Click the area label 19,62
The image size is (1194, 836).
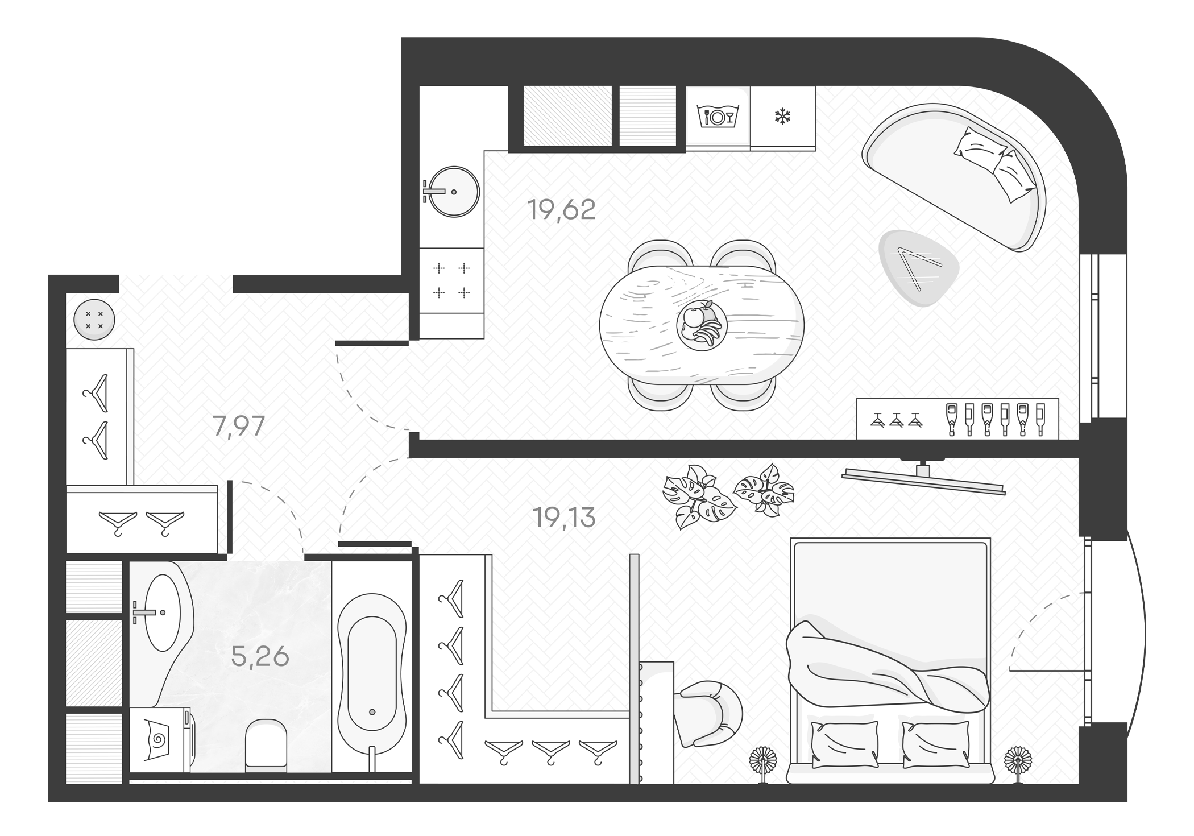561,210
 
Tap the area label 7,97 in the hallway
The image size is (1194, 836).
239,426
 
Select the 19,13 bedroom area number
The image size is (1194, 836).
564,518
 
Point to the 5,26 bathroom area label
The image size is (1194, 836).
260,657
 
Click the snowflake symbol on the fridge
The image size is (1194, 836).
783,117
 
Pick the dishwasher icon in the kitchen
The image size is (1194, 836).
717,117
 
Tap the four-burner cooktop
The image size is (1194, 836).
451,280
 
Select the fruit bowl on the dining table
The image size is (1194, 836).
702,326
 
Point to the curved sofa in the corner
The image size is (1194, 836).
955,176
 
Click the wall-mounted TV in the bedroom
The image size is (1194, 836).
923,480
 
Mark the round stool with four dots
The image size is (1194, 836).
94,320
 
